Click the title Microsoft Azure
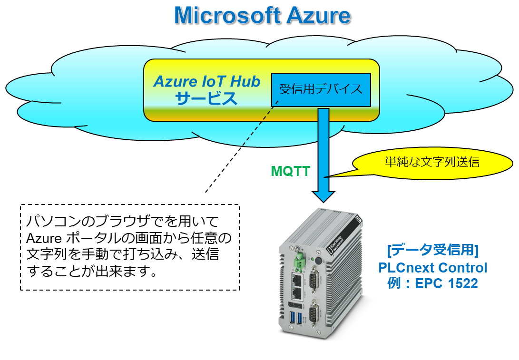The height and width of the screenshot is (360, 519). pos(262,16)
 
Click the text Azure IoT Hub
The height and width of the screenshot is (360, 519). pos(207,82)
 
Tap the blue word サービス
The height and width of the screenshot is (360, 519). pos(206,98)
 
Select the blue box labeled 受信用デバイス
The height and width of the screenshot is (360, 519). pos(321,89)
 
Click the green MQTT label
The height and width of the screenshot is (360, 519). pos(290,171)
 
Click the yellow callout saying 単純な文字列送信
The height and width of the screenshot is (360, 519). pos(432,162)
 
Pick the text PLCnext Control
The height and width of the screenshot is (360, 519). pos(433,267)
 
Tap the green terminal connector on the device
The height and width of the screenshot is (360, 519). pos(299,262)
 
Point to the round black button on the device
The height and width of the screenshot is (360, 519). pos(318,260)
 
